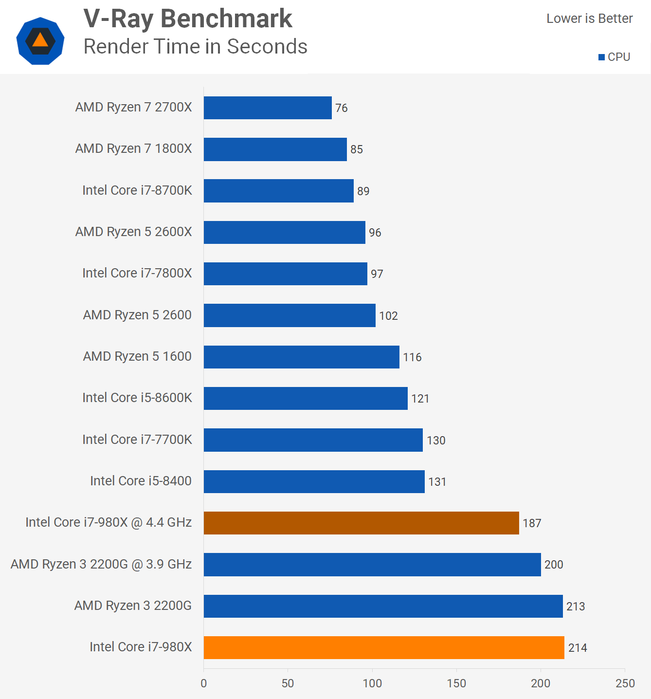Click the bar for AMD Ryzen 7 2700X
pos(268,108)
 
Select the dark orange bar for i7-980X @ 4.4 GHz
pos(361,523)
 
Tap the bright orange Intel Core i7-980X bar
pos(383,647)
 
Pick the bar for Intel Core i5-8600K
pos(306,398)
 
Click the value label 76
pos(342,108)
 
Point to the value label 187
pos(532,523)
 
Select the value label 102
pos(388,316)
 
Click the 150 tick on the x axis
pos(456,683)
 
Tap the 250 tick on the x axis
pos(625,683)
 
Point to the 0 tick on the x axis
pos(204,683)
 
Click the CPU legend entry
pos(615,57)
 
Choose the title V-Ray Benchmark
pos(188,19)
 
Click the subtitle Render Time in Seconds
pos(196,47)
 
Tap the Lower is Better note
pos(589,18)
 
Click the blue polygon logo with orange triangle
pos(40,41)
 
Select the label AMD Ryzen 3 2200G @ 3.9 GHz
pos(101,564)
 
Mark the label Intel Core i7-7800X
pos(137,273)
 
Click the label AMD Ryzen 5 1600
pos(137,356)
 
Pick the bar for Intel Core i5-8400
pos(314,481)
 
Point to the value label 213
pos(576,607)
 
